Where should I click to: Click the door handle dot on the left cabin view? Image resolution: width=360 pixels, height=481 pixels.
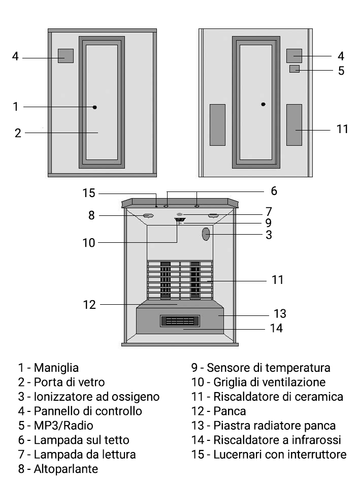(95, 107)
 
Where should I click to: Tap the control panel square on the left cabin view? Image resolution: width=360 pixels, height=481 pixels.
(66, 56)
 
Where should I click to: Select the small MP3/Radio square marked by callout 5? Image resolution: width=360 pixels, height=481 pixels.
(294, 69)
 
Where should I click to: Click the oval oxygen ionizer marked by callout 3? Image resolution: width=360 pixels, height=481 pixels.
(206, 234)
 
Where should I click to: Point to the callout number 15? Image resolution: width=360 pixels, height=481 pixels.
(89, 193)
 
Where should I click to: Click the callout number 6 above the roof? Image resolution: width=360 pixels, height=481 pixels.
(274, 191)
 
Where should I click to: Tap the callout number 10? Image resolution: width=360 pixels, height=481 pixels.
(89, 243)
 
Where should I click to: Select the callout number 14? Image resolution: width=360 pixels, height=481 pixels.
(276, 328)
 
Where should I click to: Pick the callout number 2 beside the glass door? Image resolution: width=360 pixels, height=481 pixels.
(18, 133)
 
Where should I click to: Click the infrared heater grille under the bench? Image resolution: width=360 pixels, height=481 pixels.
(180, 321)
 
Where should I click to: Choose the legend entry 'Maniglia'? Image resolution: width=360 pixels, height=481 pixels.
(48, 367)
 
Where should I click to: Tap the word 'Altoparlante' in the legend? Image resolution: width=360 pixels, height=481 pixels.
(58, 469)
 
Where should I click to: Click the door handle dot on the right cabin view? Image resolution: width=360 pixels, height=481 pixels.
(263, 104)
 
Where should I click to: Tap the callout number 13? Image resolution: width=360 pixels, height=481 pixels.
(280, 312)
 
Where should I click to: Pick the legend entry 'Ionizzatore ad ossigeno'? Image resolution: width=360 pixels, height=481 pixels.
(89, 396)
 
